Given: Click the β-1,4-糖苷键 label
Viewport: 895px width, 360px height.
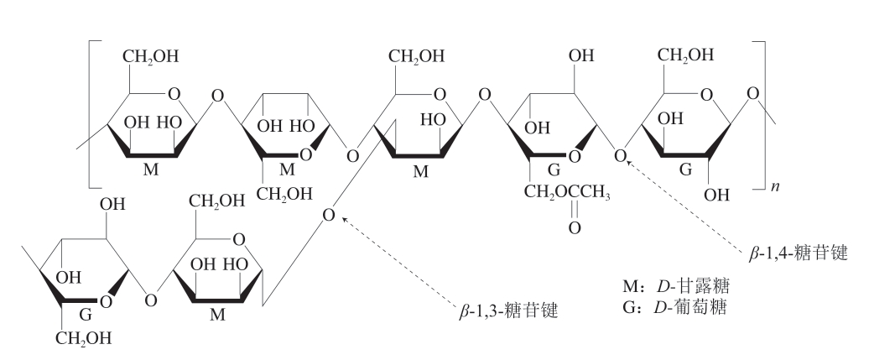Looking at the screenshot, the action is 799,253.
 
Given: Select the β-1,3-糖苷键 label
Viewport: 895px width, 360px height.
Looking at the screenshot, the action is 508,310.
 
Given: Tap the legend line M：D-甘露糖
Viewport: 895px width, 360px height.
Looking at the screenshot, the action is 676,285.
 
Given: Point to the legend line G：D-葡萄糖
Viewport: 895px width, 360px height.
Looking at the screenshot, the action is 675,307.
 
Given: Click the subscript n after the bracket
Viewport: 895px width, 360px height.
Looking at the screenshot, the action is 775,187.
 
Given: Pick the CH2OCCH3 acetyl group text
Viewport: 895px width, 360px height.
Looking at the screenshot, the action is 567,195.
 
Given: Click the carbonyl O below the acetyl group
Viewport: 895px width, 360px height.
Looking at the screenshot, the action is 575,228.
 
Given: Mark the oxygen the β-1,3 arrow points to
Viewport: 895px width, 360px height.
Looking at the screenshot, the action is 328,215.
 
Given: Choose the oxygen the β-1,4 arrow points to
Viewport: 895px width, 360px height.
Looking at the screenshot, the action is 621,155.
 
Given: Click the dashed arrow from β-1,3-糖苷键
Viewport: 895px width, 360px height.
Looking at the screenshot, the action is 398,258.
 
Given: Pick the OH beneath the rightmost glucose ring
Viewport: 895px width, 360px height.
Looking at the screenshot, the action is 716,195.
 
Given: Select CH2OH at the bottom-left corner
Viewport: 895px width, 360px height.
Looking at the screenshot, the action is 83,339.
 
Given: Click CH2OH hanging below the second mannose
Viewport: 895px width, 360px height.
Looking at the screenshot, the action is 284,194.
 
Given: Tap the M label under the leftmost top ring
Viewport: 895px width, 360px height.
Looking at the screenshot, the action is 150,170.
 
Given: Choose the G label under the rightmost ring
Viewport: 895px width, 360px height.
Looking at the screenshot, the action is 685,170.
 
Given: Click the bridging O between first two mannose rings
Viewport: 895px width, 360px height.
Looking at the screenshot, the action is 217,95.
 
